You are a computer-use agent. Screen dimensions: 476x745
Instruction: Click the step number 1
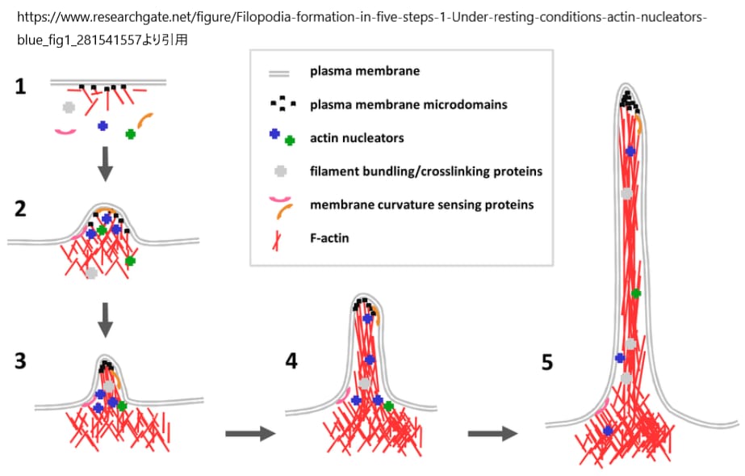pos(20,86)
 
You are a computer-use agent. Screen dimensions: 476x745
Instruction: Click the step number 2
pos(20,209)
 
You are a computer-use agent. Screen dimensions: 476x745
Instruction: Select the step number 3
pos(20,361)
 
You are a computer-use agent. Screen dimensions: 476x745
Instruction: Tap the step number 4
pos(292,361)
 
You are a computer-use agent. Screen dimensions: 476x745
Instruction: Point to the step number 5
pos(547,362)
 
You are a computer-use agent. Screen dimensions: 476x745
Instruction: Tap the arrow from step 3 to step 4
pos(250,434)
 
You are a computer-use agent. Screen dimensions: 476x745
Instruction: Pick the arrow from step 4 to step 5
pos(492,434)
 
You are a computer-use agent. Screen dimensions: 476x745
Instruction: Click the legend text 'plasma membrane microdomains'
pos(408,104)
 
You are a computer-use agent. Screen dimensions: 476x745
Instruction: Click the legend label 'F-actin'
pos(329,238)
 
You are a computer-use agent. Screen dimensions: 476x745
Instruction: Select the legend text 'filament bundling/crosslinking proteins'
pos(425,171)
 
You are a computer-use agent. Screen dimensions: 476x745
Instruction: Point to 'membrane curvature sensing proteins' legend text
pos(421,204)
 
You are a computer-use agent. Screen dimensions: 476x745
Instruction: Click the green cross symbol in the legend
pos(290,141)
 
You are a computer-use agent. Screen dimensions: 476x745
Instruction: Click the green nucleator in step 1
pos(130,134)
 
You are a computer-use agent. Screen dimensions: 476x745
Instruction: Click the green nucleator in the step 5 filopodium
pos(636,293)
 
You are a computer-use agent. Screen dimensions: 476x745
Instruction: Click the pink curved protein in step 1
pos(65,131)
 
